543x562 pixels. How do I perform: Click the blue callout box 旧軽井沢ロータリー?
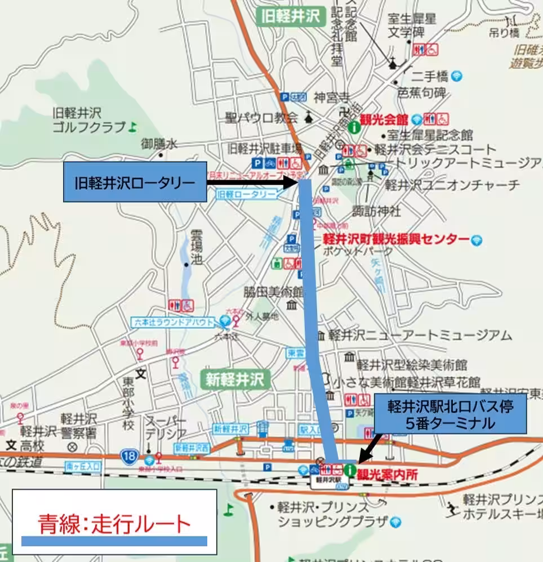click(135, 182)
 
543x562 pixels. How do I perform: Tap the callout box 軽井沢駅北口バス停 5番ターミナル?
click(449, 414)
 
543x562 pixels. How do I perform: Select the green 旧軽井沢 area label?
click(291, 16)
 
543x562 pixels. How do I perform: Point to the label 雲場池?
click(197, 247)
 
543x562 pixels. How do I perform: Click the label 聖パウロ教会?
click(261, 117)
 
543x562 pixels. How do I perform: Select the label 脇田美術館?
click(273, 292)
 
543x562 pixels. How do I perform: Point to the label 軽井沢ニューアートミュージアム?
click(420, 336)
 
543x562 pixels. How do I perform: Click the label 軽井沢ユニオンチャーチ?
click(451, 185)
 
